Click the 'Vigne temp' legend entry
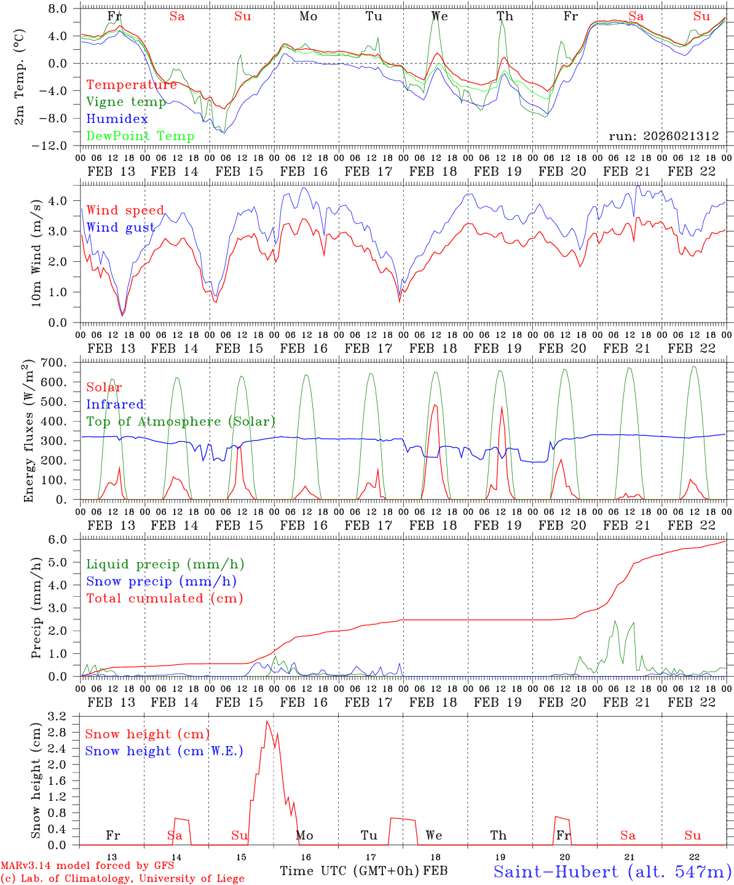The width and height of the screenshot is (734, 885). coord(126,102)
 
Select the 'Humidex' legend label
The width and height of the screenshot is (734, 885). coord(117,119)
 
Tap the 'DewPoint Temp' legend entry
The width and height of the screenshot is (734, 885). coord(140,136)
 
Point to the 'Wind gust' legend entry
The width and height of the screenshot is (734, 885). coord(120,228)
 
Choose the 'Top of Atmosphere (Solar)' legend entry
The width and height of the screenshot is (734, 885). coord(180,422)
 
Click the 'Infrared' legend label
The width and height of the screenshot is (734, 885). coord(115,404)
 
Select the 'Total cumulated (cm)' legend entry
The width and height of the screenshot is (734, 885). coord(164,599)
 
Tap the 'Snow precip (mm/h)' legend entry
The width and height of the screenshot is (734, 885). coord(161,581)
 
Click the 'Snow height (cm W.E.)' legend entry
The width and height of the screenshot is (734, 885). coord(164,751)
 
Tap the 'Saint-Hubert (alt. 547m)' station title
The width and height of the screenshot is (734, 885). coord(612,871)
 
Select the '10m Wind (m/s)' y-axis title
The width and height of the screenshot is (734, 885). coord(37,253)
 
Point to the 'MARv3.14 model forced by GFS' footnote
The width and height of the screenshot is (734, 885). coord(87,866)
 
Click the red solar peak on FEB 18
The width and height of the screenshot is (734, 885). coord(435,405)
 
